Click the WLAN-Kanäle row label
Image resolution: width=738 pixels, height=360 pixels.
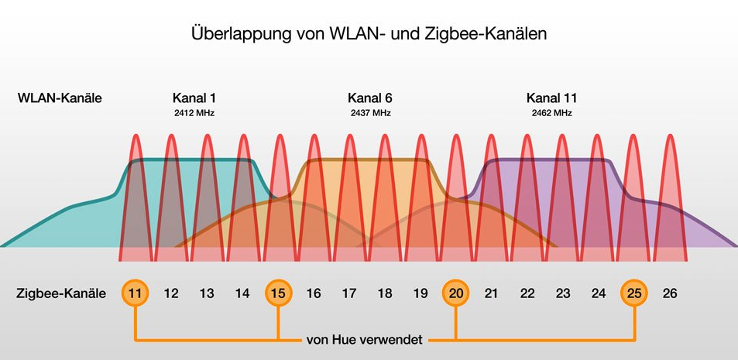[60, 98]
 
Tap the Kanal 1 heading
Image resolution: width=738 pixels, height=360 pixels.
[194, 98]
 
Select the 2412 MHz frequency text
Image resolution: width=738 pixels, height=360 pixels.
[194, 113]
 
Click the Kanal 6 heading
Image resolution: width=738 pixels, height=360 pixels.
[369, 98]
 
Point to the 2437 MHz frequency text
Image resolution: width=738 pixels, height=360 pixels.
[369, 113]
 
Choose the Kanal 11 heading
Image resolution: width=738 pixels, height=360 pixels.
[551, 98]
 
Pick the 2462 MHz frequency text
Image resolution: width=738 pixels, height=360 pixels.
[551, 113]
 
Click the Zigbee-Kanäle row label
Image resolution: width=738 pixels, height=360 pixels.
[61, 293]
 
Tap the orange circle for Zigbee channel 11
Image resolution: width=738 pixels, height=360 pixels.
[136, 293]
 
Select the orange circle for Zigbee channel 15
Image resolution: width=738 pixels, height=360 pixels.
[278, 293]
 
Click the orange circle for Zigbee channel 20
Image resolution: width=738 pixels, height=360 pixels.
[456, 293]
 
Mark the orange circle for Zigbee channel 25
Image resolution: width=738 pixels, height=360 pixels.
[634, 293]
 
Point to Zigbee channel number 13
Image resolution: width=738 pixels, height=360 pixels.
[207, 293]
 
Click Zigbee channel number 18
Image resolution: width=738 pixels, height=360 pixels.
[385, 293]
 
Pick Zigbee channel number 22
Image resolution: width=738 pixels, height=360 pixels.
[527, 293]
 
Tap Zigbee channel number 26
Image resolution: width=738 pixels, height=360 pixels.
[670, 293]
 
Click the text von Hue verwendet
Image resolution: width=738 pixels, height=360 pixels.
[366, 339]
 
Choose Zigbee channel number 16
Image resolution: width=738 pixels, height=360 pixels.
[314, 293]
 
